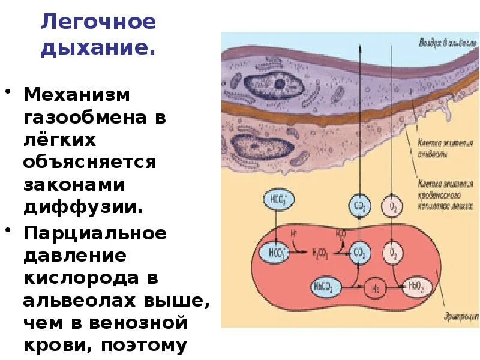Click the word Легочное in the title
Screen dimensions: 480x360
coord(97,22)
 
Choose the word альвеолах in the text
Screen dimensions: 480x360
coord(82,301)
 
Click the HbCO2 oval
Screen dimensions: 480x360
coord(325,287)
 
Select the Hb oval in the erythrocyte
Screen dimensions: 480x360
coord(375,287)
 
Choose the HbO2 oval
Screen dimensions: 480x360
coord(416,286)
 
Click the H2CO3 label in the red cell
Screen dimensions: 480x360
coord(319,253)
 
